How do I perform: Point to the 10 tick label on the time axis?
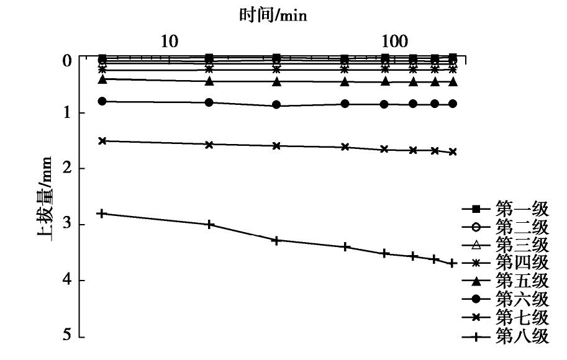coord(170,42)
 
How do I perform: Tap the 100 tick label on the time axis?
coord(394,42)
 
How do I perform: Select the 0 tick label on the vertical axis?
coord(67,60)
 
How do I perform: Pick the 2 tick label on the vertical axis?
coord(67,169)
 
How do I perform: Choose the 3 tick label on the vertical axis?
coord(67,225)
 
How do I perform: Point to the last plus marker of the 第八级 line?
coord(453,263)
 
